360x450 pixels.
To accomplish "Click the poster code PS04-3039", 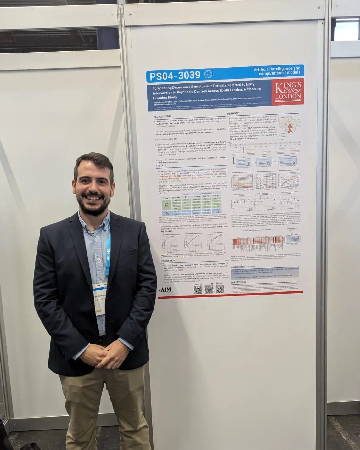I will (x=175, y=76).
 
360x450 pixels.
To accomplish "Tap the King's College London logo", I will (x=288, y=91).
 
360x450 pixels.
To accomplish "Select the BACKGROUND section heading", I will (x=162, y=117).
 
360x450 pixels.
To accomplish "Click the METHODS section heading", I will (x=233, y=113).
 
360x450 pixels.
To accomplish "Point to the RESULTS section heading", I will (x=161, y=166).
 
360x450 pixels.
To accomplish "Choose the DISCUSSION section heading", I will (x=168, y=261).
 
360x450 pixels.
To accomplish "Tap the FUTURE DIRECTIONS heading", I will (x=243, y=267).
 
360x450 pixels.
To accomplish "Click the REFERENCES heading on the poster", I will (x=239, y=282).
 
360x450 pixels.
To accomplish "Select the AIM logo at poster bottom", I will (x=166, y=290).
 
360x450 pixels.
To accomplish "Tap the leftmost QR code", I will (x=198, y=290).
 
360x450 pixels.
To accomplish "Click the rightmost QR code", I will (x=220, y=289).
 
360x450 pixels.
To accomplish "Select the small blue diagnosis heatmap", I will (x=293, y=239).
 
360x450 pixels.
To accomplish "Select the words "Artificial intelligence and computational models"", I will (x=277, y=71).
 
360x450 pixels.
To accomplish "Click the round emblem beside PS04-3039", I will (x=208, y=75).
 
